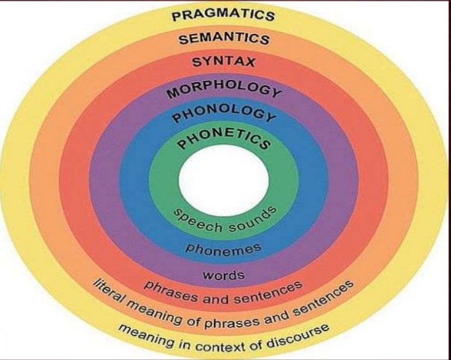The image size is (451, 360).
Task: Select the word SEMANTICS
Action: click(224, 39)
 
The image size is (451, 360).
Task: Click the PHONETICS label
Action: click(224, 136)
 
